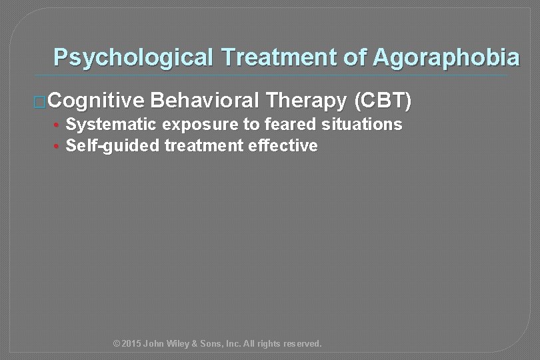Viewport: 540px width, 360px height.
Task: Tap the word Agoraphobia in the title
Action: [445, 57]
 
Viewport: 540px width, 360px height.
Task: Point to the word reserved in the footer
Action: [301, 344]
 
